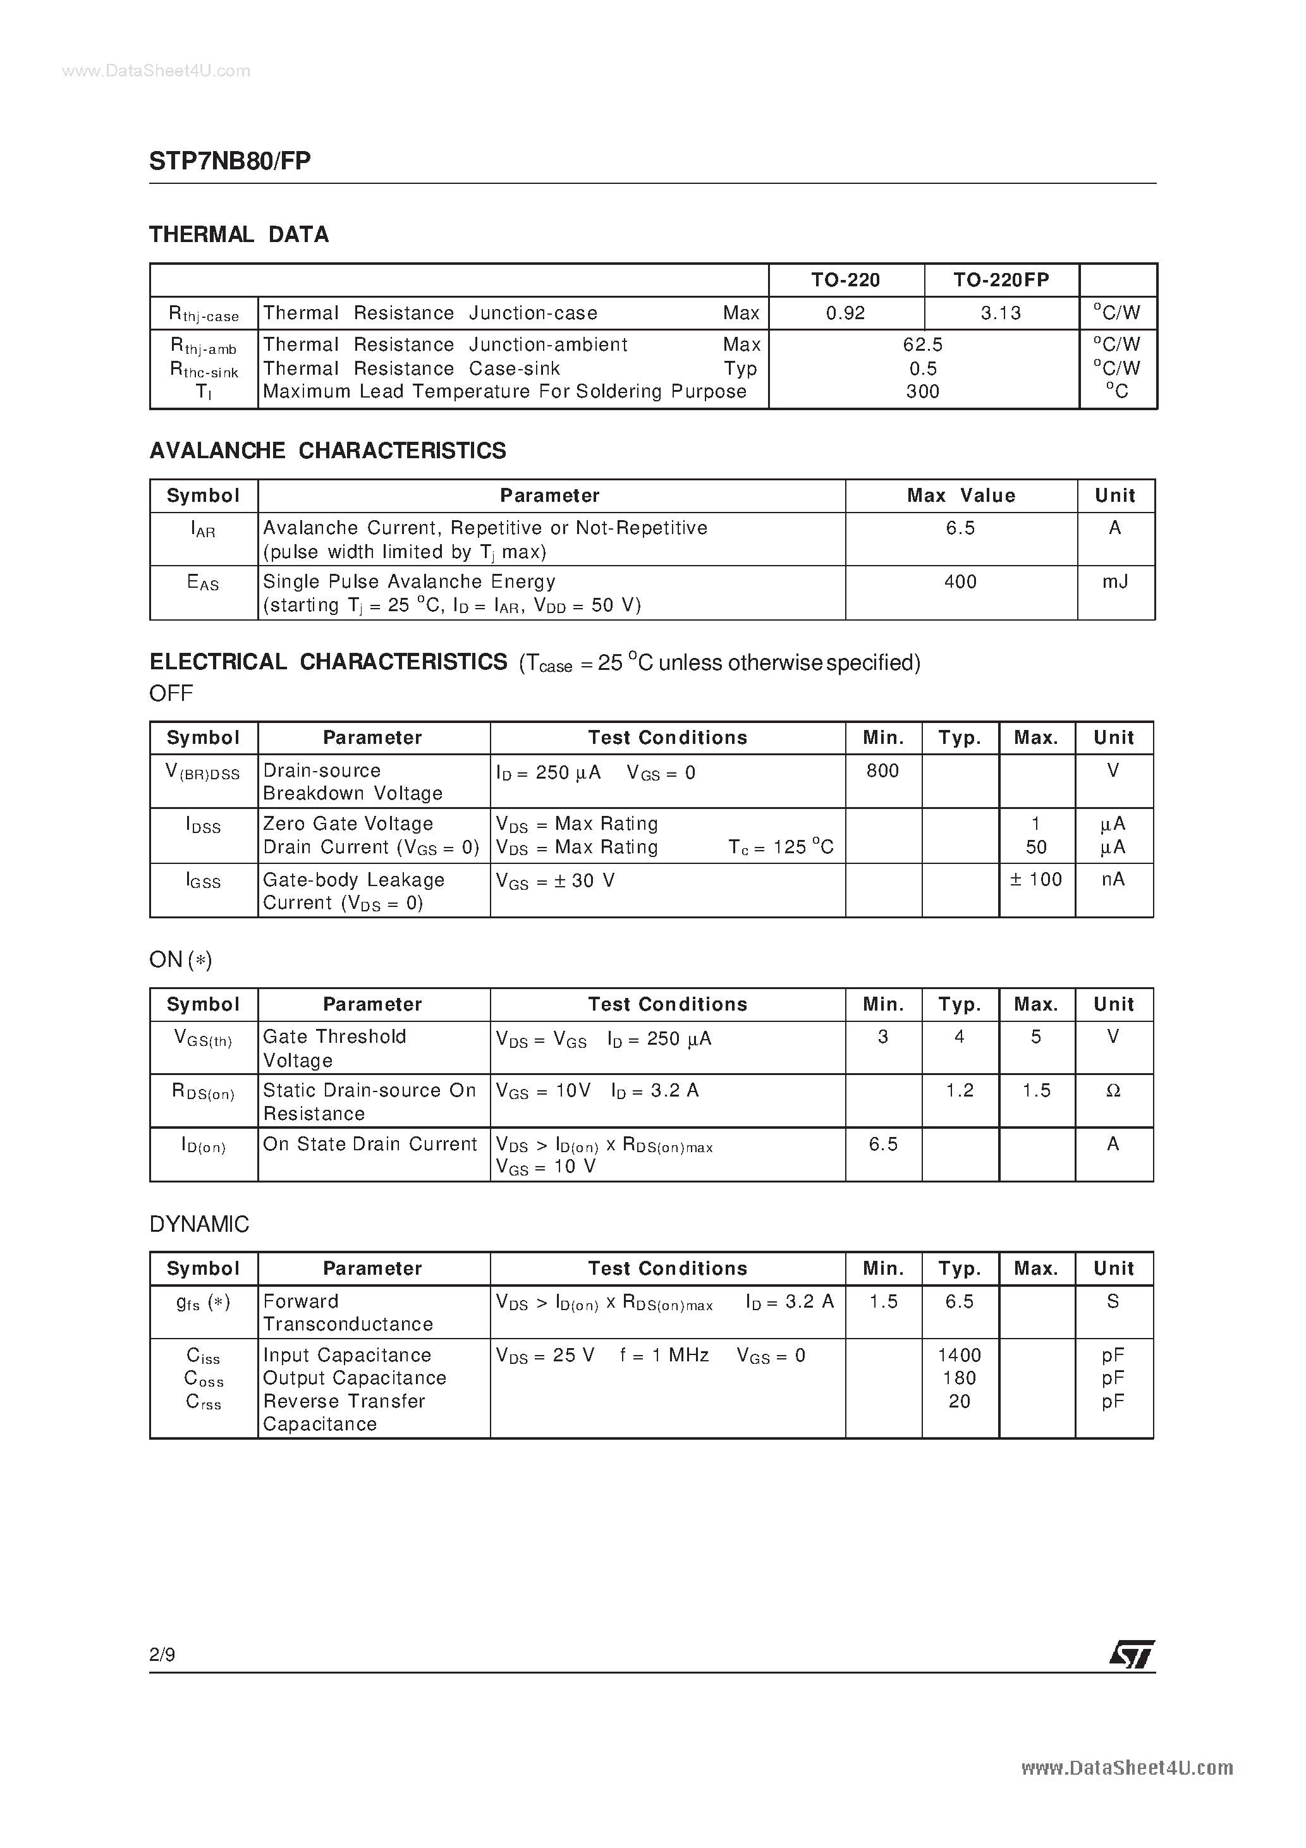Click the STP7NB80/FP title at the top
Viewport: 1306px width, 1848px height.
[229, 161]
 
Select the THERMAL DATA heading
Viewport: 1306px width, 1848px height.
[239, 234]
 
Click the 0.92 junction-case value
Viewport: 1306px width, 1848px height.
[845, 313]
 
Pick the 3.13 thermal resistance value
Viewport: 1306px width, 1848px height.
[1001, 313]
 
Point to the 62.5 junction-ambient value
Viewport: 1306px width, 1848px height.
[923, 344]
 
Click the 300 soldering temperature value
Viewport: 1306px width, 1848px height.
[923, 392]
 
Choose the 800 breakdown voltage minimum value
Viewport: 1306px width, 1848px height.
[882, 771]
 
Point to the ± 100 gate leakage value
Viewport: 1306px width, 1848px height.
[1036, 880]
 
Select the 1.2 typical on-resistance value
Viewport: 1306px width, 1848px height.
[959, 1091]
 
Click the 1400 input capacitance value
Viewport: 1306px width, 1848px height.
[959, 1356]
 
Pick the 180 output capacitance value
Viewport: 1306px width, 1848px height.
[959, 1379]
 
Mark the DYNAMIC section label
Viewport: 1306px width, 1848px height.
[199, 1224]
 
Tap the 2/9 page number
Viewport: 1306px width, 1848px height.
[162, 1655]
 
